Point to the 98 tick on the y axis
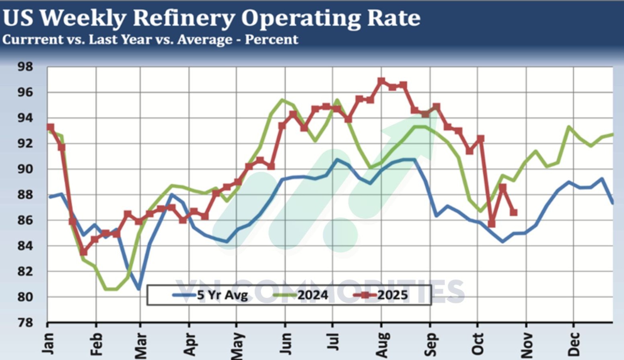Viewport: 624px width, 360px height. (x=25, y=66)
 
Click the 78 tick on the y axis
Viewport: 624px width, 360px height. (x=25, y=323)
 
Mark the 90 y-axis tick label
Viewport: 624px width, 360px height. (x=25, y=169)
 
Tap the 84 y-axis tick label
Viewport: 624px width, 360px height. (x=25, y=246)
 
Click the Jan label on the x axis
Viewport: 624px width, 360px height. (x=49, y=344)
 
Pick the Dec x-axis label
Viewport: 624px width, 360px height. (x=575, y=344)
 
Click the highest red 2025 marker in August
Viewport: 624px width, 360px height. (x=381, y=81)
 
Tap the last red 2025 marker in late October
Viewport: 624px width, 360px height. (x=513, y=212)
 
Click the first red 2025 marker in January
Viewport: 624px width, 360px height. (x=50, y=127)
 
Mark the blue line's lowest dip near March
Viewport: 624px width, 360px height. (x=139, y=288)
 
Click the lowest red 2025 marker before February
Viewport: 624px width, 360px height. (x=83, y=252)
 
